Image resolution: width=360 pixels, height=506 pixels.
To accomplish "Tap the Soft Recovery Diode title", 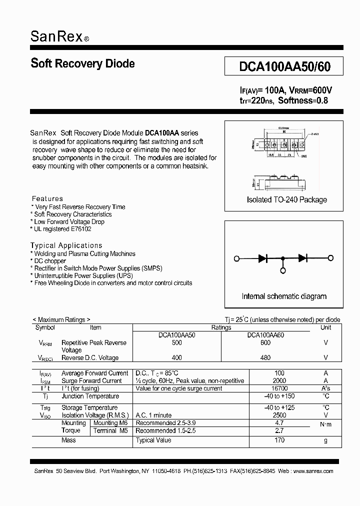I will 82,63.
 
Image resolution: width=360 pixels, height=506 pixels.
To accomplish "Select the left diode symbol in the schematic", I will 263,258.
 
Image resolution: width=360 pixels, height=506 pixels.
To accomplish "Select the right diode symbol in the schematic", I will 302,258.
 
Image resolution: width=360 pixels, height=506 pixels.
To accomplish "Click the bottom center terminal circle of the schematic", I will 283,270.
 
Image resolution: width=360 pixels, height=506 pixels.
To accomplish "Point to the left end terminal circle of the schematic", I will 236,258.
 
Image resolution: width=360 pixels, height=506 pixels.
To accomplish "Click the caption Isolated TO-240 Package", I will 286,199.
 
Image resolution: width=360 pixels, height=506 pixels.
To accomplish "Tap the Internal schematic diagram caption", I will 284,296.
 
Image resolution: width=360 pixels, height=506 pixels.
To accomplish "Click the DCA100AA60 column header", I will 265,335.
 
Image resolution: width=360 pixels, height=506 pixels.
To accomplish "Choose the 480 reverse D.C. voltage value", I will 265,357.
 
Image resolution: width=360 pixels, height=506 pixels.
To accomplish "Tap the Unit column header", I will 325,327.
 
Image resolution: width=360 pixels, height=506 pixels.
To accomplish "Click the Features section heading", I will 47,198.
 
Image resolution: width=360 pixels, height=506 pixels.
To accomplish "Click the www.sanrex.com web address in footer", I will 312,471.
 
